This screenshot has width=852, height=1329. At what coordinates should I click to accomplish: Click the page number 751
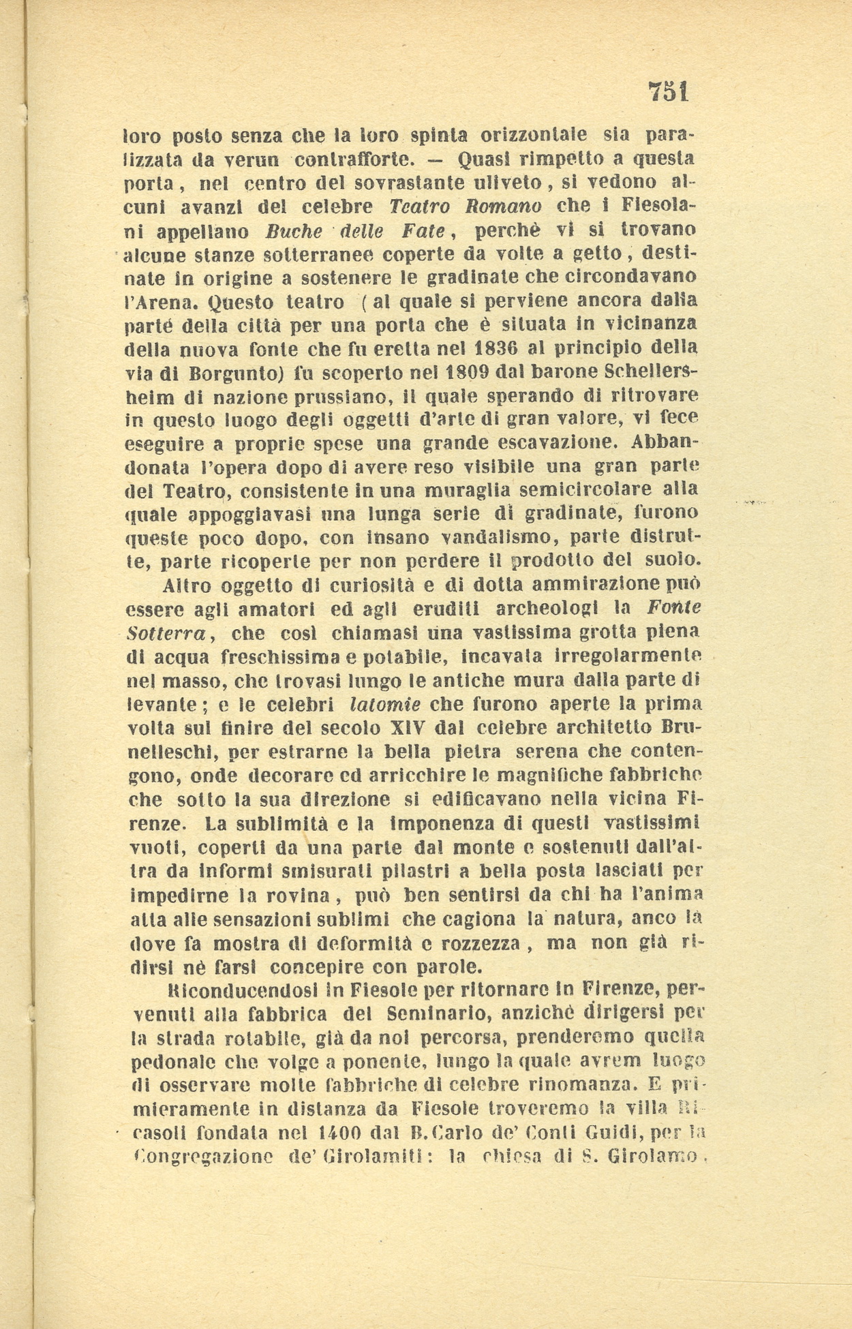[x=668, y=91]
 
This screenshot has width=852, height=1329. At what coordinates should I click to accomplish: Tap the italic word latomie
[x=384, y=703]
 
